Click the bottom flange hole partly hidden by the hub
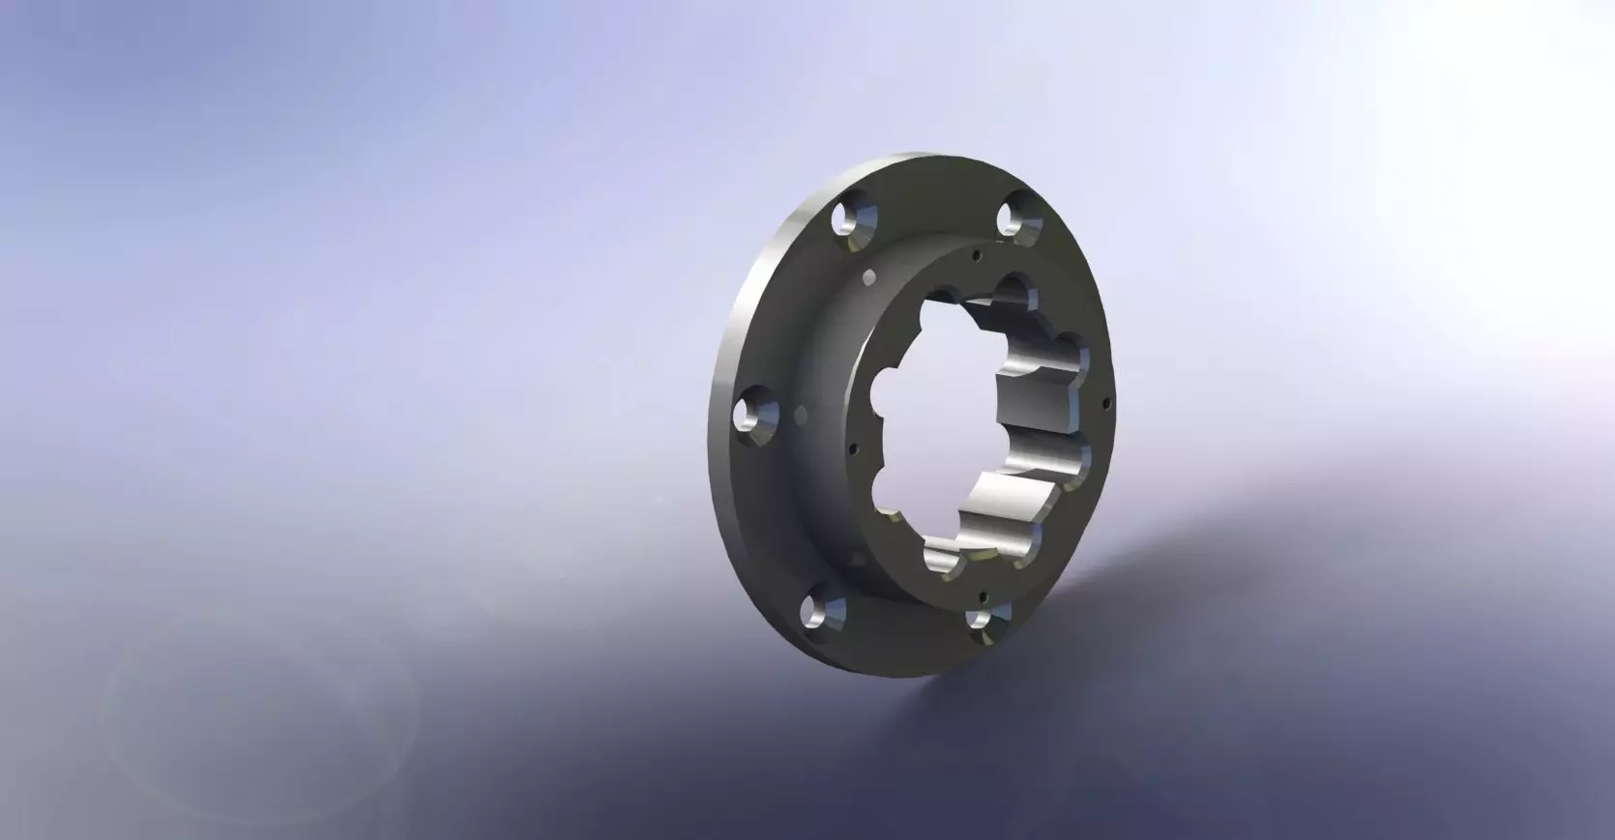click(984, 620)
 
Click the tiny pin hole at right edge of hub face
click(1105, 399)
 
